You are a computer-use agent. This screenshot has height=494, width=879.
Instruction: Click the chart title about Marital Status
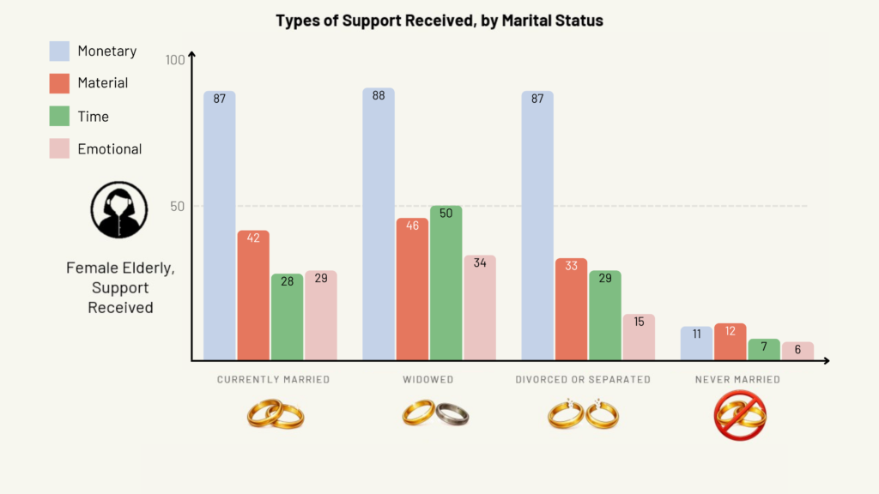coord(439,21)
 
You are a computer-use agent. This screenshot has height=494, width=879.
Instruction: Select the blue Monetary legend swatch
coord(59,51)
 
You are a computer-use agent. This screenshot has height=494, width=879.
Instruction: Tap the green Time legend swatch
coord(59,116)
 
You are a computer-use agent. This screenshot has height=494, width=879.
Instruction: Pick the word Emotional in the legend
coord(110,149)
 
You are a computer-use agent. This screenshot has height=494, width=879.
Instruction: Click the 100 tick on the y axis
coord(175,60)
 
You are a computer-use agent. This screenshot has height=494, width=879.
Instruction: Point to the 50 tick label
coord(176,207)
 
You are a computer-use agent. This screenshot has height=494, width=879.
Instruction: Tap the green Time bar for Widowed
coord(446,282)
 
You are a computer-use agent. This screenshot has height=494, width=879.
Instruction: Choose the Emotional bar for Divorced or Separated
coord(639,336)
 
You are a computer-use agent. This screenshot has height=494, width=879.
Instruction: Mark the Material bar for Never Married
coord(730,341)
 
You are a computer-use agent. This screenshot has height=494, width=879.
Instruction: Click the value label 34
coord(480,263)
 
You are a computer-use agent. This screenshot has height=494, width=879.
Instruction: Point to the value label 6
coord(797,350)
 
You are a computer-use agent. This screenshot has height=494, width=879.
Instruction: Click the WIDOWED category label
coord(427,379)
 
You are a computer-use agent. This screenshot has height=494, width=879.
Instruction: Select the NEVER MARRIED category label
coord(737,379)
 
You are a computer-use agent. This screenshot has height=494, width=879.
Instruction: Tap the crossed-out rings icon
coord(740,415)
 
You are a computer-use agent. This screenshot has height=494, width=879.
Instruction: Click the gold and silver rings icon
coord(435,415)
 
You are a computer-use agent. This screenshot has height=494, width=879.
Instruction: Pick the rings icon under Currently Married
coord(276,415)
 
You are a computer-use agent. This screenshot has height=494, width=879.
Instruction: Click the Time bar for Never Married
coord(764,349)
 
